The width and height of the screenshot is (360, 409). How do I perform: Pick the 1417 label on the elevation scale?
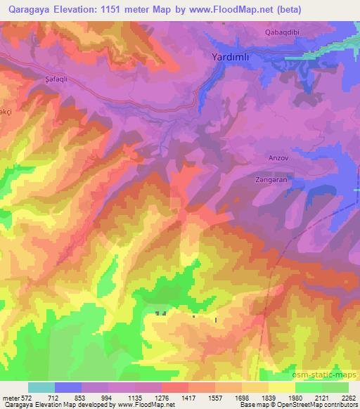188,398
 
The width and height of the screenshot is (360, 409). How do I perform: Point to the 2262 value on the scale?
347,398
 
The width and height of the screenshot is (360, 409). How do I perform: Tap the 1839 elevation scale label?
268,398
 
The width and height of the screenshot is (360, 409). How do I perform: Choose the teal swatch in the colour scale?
41,387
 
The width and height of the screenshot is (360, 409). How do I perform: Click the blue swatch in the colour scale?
68,387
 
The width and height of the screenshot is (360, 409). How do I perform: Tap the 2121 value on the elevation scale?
321,398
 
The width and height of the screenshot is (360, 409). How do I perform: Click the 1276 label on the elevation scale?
162,398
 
